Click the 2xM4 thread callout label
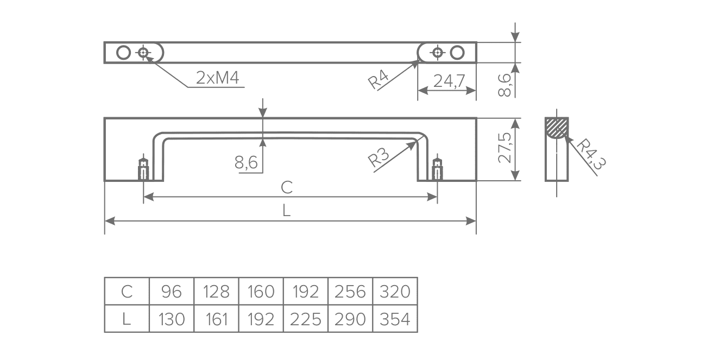pos(217,79)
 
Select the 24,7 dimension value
pos(449,81)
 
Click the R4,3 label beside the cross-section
pos(589,154)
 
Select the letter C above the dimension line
pos(287,187)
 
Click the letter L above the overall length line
pos(287,211)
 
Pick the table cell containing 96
pos(172,292)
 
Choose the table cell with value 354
pos(395,319)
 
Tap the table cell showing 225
pos(306,319)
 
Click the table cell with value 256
pos(350,292)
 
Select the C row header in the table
pos(127,292)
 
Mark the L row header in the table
pos(127,319)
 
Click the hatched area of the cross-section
pos(557,127)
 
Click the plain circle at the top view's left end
pos(124,53)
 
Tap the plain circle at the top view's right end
pos(457,53)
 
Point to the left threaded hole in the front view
pos(143,170)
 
